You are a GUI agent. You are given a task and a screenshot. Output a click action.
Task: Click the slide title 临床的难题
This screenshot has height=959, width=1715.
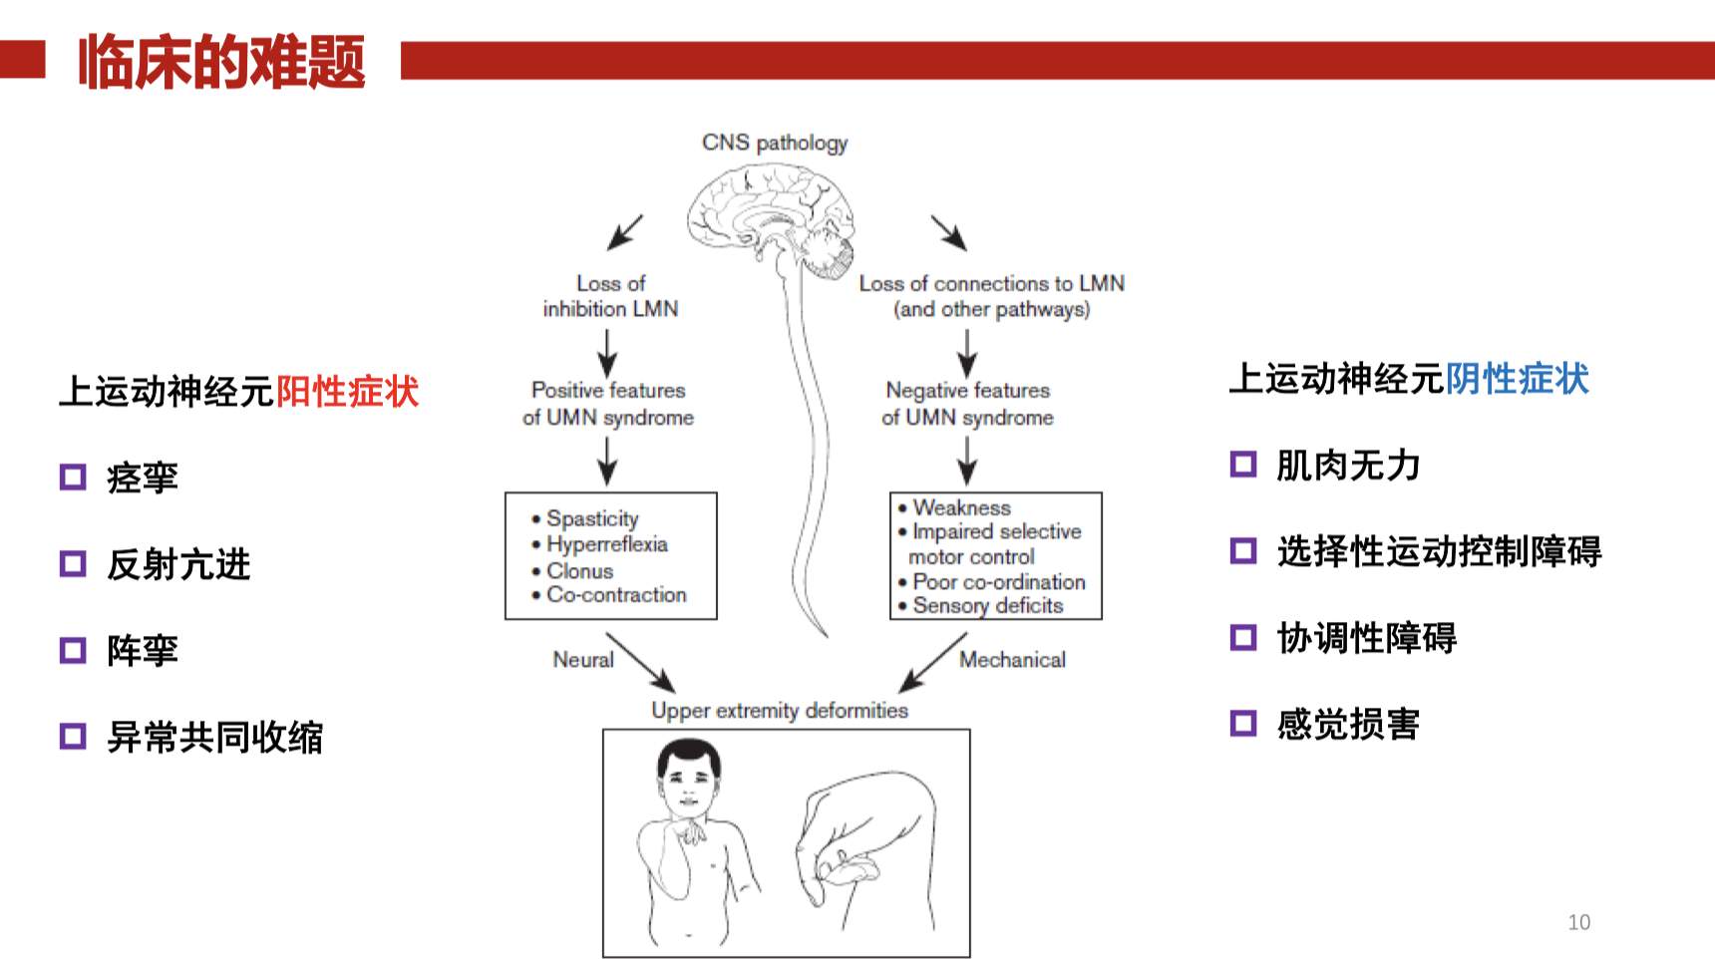click(221, 62)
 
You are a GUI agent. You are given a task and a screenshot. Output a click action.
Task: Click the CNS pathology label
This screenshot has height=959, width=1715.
click(775, 143)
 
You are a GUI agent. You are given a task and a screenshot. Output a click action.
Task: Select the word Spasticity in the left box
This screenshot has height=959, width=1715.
click(592, 518)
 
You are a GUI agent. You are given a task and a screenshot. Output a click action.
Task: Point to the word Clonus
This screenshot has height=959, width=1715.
click(579, 571)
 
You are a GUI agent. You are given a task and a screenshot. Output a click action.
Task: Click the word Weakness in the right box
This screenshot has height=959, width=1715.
click(961, 507)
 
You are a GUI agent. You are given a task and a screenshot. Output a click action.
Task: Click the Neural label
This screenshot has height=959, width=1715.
click(583, 659)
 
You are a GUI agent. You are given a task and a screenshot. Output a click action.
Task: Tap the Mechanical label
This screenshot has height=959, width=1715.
click(1012, 659)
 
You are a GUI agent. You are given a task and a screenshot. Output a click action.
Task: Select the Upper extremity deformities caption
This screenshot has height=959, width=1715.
click(780, 710)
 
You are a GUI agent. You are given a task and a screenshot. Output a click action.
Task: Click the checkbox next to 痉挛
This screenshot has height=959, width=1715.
click(73, 478)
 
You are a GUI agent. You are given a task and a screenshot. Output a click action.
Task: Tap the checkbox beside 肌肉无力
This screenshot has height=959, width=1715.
click(1243, 465)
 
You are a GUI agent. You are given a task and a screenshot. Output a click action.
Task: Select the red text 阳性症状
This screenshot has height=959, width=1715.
click(347, 392)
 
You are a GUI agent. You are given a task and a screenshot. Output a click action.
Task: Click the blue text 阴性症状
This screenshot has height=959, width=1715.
click(1517, 379)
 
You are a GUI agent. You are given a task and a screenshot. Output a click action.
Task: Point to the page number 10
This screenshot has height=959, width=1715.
click(1578, 922)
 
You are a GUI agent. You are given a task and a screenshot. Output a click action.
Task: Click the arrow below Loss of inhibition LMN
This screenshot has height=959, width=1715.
click(607, 352)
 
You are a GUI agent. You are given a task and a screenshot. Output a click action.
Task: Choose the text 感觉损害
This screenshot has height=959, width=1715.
click(1348, 724)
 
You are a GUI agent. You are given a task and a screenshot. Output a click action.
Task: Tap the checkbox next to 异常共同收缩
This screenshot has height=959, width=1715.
click(73, 737)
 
